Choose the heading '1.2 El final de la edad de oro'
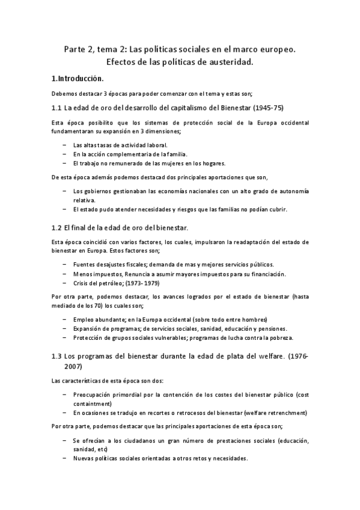tap(120, 226)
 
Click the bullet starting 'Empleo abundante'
tap(170, 319)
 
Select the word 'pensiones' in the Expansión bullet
tap(271, 328)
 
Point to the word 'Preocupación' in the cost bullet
tap(94, 395)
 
